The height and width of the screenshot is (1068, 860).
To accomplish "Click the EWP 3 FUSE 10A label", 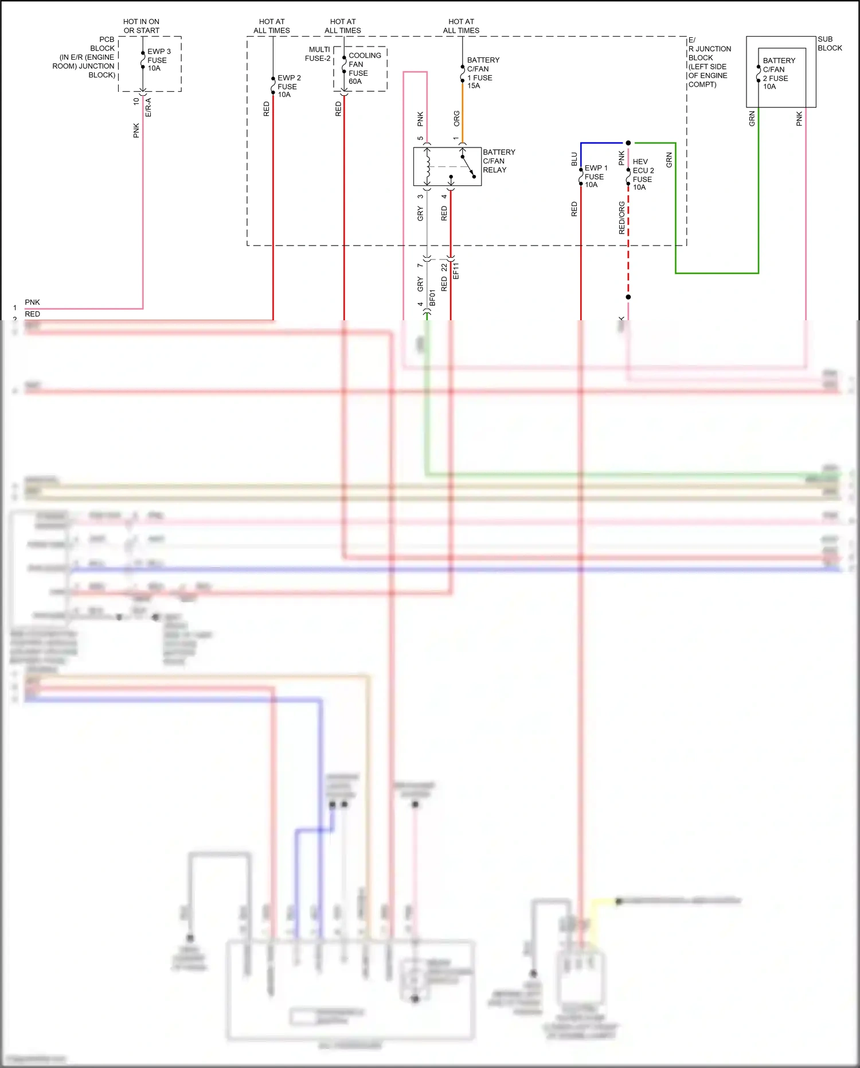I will tap(158, 60).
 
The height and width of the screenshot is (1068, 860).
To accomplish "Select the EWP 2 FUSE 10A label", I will tap(288, 86).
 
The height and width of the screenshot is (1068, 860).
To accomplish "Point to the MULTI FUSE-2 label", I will tap(318, 54).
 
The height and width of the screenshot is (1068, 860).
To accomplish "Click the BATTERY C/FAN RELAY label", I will tap(498, 161).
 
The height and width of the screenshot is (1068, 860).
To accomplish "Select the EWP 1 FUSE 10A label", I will tap(595, 176).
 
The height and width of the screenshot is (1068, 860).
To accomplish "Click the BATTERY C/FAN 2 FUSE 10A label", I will tap(778, 73).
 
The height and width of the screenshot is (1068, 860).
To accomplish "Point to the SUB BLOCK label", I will tap(829, 44).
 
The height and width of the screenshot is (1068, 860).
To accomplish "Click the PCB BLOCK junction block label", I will tap(86, 57).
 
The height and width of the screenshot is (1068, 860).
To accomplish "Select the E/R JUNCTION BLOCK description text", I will tap(709, 62).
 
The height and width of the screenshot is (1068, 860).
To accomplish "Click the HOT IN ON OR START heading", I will tap(141, 26).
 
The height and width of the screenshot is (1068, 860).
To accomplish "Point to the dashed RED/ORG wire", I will tap(628, 241).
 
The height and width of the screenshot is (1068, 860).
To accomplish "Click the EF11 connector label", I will tap(456, 271).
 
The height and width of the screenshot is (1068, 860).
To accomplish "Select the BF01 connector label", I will tap(433, 297).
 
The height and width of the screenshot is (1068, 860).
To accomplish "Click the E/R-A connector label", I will tap(148, 107).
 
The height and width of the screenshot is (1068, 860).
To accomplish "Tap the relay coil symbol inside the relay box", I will tap(427, 166).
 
